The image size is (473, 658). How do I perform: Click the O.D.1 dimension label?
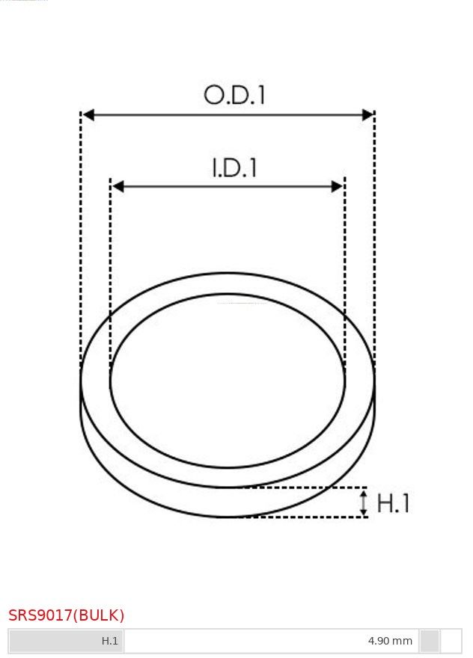pos(234,95)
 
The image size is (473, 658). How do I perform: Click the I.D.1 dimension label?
pos(234,167)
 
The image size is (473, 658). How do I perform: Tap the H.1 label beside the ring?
pos(393,502)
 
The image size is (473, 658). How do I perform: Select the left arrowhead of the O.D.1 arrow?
pos(88,114)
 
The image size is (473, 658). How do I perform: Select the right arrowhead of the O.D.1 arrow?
pos(367,114)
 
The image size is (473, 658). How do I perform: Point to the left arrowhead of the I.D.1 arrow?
pos(118,186)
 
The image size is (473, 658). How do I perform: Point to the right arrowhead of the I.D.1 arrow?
pos(338,186)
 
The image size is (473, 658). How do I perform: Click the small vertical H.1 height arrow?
pos(364,502)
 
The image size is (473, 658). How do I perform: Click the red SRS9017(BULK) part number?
pos(67,615)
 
